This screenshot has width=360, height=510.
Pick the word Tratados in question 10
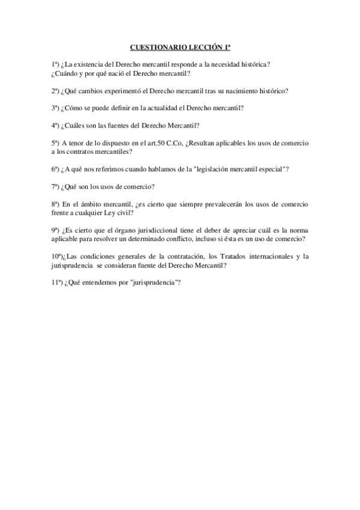(x=230, y=257)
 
